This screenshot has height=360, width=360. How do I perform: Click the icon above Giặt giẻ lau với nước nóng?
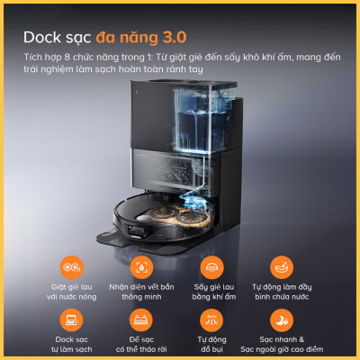pos(71,268)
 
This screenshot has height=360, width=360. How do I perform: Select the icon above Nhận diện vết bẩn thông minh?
pos(139,268)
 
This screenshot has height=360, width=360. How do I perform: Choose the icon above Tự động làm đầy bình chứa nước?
pos(281,268)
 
